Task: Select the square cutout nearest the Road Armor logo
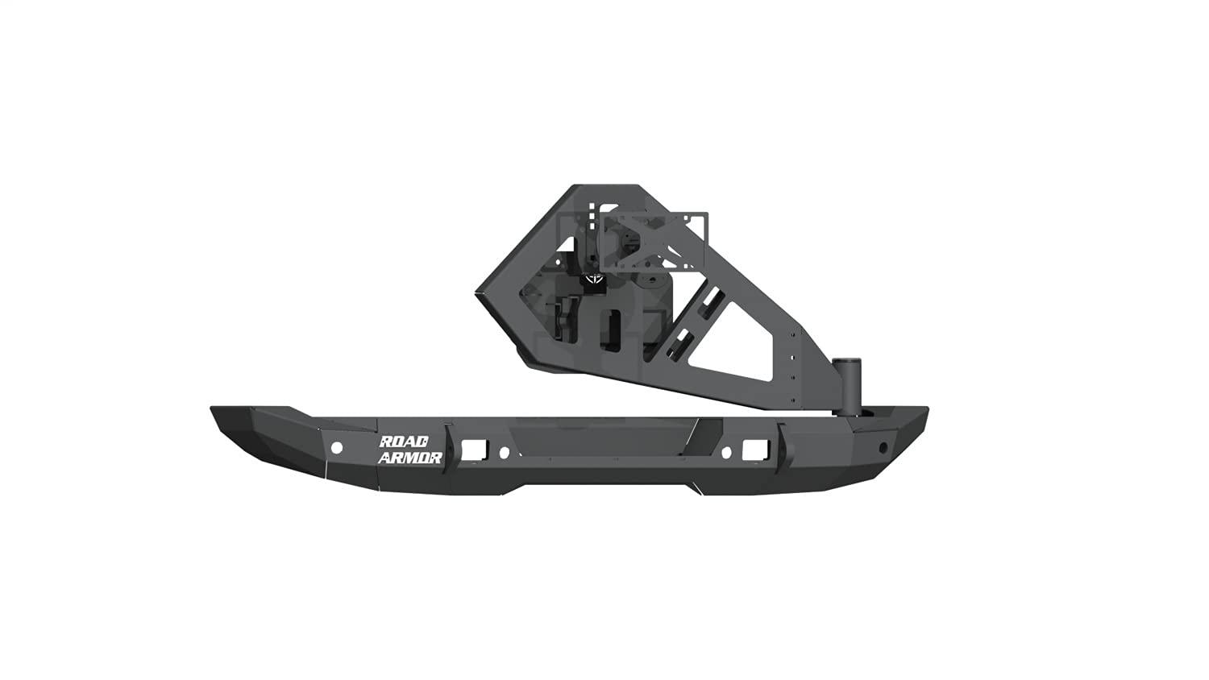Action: pyautogui.click(x=471, y=447)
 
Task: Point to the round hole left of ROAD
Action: pyautogui.click(x=337, y=447)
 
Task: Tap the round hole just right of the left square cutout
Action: pyautogui.click(x=504, y=452)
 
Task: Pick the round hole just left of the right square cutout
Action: pyautogui.click(x=725, y=452)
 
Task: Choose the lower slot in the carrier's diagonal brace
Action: pyautogui.click(x=682, y=342)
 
